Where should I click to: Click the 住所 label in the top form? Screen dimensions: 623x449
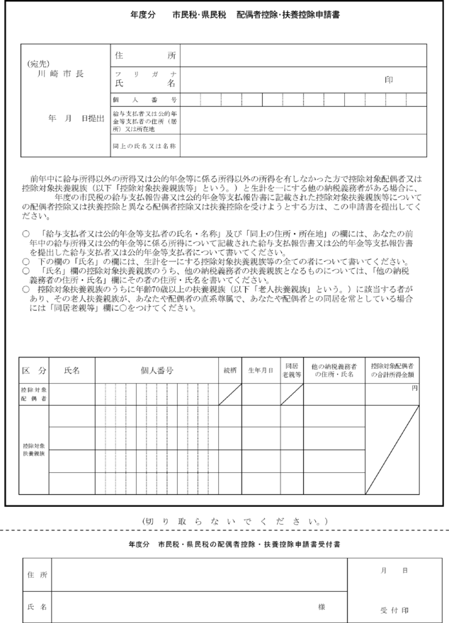click(x=144, y=55)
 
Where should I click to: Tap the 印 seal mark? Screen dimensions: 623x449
click(x=388, y=80)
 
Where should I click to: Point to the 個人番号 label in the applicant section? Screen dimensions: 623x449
click(x=144, y=100)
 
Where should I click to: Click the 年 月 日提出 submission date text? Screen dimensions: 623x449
click(x=76, y=118)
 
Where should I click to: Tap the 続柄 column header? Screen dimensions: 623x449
click(x=230, y=370)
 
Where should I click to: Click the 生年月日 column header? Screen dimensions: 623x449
click(x=260, y=370)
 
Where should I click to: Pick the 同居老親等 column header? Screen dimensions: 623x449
click(x=292, y=370)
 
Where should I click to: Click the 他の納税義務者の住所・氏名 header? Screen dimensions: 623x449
click(x=334, y=370)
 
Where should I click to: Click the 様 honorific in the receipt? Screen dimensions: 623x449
click(x=321, y=607)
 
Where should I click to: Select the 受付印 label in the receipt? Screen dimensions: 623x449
click(x=393, y=610)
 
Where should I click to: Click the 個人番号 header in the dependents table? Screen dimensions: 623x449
click(x=157, y=370)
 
